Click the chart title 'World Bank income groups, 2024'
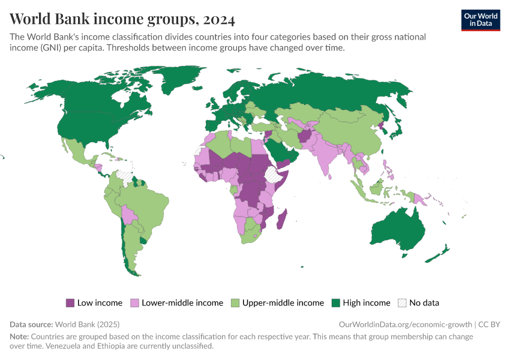(122, 19)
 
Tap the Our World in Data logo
(480, 20)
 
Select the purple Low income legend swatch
(70, 303)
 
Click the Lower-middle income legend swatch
(135, 303)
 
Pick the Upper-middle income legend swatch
(235, 303)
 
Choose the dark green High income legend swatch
(336, 303)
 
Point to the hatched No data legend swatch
(402, 303)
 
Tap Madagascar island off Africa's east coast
(281, 219)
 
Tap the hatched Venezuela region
(125, 175)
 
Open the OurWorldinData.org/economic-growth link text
(405, 324)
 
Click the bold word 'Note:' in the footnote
(19, 337)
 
